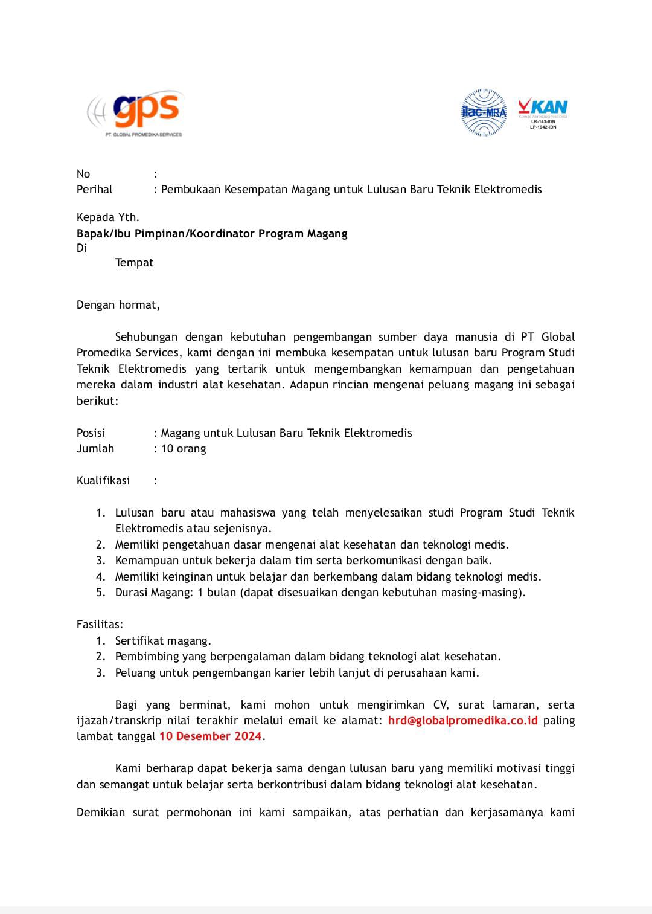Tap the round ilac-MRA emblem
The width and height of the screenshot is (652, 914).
[x=484, y=112]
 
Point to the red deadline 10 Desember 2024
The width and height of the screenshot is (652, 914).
[x=210, y=736]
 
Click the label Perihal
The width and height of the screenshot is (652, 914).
[x=94, y=189]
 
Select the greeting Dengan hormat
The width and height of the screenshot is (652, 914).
[x=118, y=304]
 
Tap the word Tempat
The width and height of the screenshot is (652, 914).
[x=134, y=262]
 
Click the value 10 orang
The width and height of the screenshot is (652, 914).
[x=184, y=448]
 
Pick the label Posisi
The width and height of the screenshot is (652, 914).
[x=91, y=433]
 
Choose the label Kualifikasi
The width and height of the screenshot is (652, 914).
[x=103, y=480]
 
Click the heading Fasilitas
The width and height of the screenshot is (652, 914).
[x=100, y=624]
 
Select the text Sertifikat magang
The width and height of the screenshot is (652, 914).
[x=163, y=640]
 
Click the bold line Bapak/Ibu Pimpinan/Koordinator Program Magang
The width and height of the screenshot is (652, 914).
[x=212, y=233]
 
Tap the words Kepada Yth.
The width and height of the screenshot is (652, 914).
[x=107, y=217]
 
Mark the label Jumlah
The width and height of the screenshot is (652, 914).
[x=95, y=448]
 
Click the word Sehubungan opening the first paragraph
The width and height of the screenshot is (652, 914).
[x=146, y=336]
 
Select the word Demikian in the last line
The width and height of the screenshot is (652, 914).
[x=101, y=812]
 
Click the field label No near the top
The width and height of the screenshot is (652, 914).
[x=83, y=174]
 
